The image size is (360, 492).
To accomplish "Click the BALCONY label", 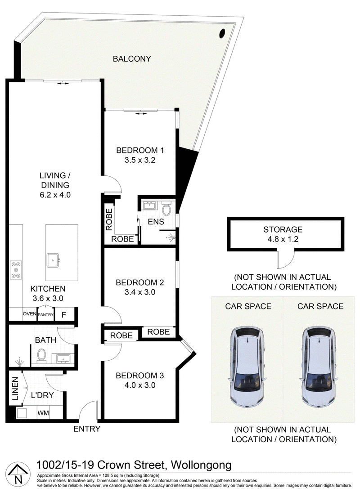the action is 132,58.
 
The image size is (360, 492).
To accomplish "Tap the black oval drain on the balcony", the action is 222,33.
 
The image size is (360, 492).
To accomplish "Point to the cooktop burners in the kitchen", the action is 16,269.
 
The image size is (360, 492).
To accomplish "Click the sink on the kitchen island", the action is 53,260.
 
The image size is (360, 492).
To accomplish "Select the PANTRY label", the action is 46,315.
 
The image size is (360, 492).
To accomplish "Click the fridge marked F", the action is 64,315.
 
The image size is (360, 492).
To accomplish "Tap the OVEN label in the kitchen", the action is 30,314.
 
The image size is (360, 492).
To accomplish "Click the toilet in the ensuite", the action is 166,209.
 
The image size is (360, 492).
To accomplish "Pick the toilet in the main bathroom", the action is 41,356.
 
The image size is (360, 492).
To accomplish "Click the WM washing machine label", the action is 43,413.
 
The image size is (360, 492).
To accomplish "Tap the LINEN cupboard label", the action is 15,389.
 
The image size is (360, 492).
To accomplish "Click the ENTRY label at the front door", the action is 87,429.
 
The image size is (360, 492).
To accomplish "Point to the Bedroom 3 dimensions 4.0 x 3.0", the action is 140,385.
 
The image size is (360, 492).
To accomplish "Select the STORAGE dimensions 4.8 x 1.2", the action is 283,239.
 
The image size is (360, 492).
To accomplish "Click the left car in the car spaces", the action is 248,367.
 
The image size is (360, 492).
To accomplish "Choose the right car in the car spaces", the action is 319,367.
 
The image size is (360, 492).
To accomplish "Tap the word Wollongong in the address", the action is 201,465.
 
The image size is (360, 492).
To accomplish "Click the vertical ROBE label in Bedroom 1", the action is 109,219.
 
